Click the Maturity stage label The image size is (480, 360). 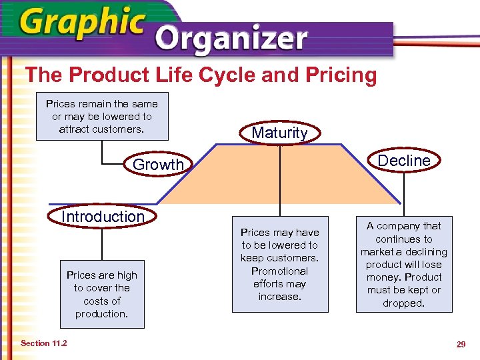pyautogui.click(x=280, y=133)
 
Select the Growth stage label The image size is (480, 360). pyautogui.click(x=158, y=165)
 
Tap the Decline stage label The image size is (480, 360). pyautogui.click(x=404, y=161)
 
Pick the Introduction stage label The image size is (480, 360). pyautogui.click(x=103, y=217)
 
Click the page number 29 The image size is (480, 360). pyautogui.click(x=460, y=344)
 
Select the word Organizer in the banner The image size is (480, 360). pyautogui.click(x=231, y=40)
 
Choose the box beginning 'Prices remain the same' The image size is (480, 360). pyautogui.click(x=101, y=117)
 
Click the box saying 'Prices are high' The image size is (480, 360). pyautogui.click(x=102, y=295)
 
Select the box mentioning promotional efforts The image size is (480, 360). pyautogui.click(x=280, y=265)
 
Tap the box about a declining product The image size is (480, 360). pyautogui.click(x=404, y=265)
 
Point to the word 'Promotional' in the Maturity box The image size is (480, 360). pyautogui.click(x=280, y=271)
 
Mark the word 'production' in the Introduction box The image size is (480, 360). pyautogui.click(x=101, y=314)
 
